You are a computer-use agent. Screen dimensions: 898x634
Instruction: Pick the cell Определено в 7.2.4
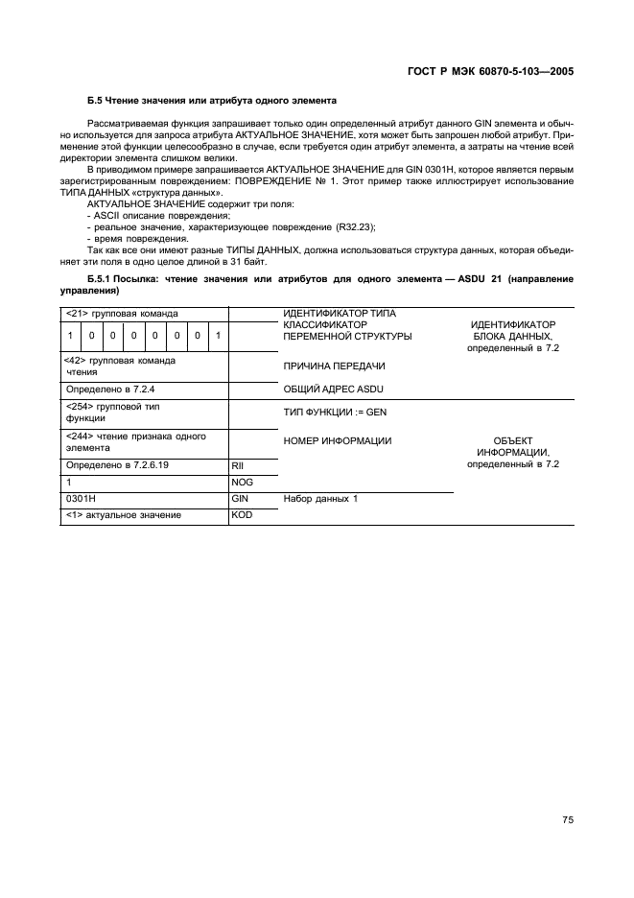[109, 390]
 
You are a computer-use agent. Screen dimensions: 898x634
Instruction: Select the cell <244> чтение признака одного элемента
[122, 441]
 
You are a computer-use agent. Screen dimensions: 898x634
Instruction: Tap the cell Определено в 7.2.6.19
[117, 464]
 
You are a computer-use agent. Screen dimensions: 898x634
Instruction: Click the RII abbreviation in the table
[240, 464]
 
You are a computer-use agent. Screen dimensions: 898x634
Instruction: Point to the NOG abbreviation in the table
[242, 482]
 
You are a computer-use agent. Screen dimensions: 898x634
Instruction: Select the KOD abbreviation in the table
[242, 515]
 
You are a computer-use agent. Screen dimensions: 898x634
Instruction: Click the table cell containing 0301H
[78, 499]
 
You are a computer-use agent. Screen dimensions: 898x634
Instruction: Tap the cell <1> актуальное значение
[123, 515]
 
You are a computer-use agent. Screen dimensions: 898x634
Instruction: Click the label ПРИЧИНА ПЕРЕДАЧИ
[334, 366]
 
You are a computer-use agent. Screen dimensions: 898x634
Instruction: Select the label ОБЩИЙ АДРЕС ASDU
[335, 390]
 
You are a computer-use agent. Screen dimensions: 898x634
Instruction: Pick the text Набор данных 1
[320, 499]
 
